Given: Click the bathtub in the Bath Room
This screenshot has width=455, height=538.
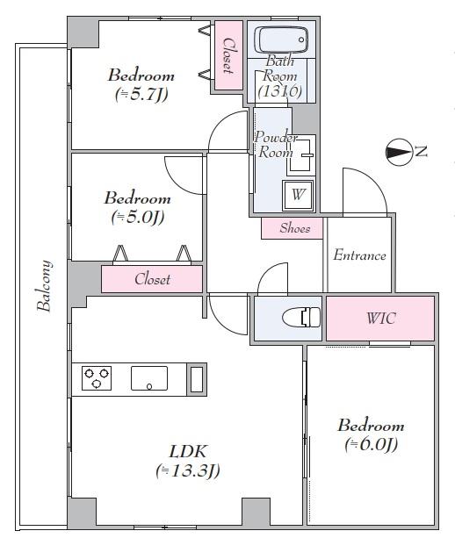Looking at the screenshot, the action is click(281, 39).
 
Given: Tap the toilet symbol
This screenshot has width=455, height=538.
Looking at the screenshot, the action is click(301, 317).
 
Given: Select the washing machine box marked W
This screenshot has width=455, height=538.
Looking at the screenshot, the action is click(298, 195).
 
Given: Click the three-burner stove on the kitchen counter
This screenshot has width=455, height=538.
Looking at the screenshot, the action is click(97, 378).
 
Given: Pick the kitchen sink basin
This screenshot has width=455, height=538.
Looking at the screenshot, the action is click(149, 378).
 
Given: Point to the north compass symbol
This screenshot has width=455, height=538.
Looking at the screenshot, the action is click(399, 152).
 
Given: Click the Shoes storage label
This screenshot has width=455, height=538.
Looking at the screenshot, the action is click(294, 228).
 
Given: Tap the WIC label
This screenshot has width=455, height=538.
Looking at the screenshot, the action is click(381, 318).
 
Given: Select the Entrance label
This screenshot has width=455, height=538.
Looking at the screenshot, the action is click(359, 255).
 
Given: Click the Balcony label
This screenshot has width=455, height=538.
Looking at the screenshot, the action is click(44, 286).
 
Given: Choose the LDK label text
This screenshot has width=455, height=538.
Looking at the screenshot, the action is click(188, 451).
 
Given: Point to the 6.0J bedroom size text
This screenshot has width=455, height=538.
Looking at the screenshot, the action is click(372, 444).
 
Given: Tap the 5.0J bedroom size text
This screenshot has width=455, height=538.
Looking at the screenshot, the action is click(138, 217).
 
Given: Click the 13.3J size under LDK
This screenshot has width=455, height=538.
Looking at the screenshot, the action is click(187, 470).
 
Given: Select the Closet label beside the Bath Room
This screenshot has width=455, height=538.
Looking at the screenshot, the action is click(228, 55).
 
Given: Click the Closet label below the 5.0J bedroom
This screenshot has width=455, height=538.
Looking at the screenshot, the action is click(152, 279).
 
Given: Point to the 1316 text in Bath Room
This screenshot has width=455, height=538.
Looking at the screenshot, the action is click(280, 91).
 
